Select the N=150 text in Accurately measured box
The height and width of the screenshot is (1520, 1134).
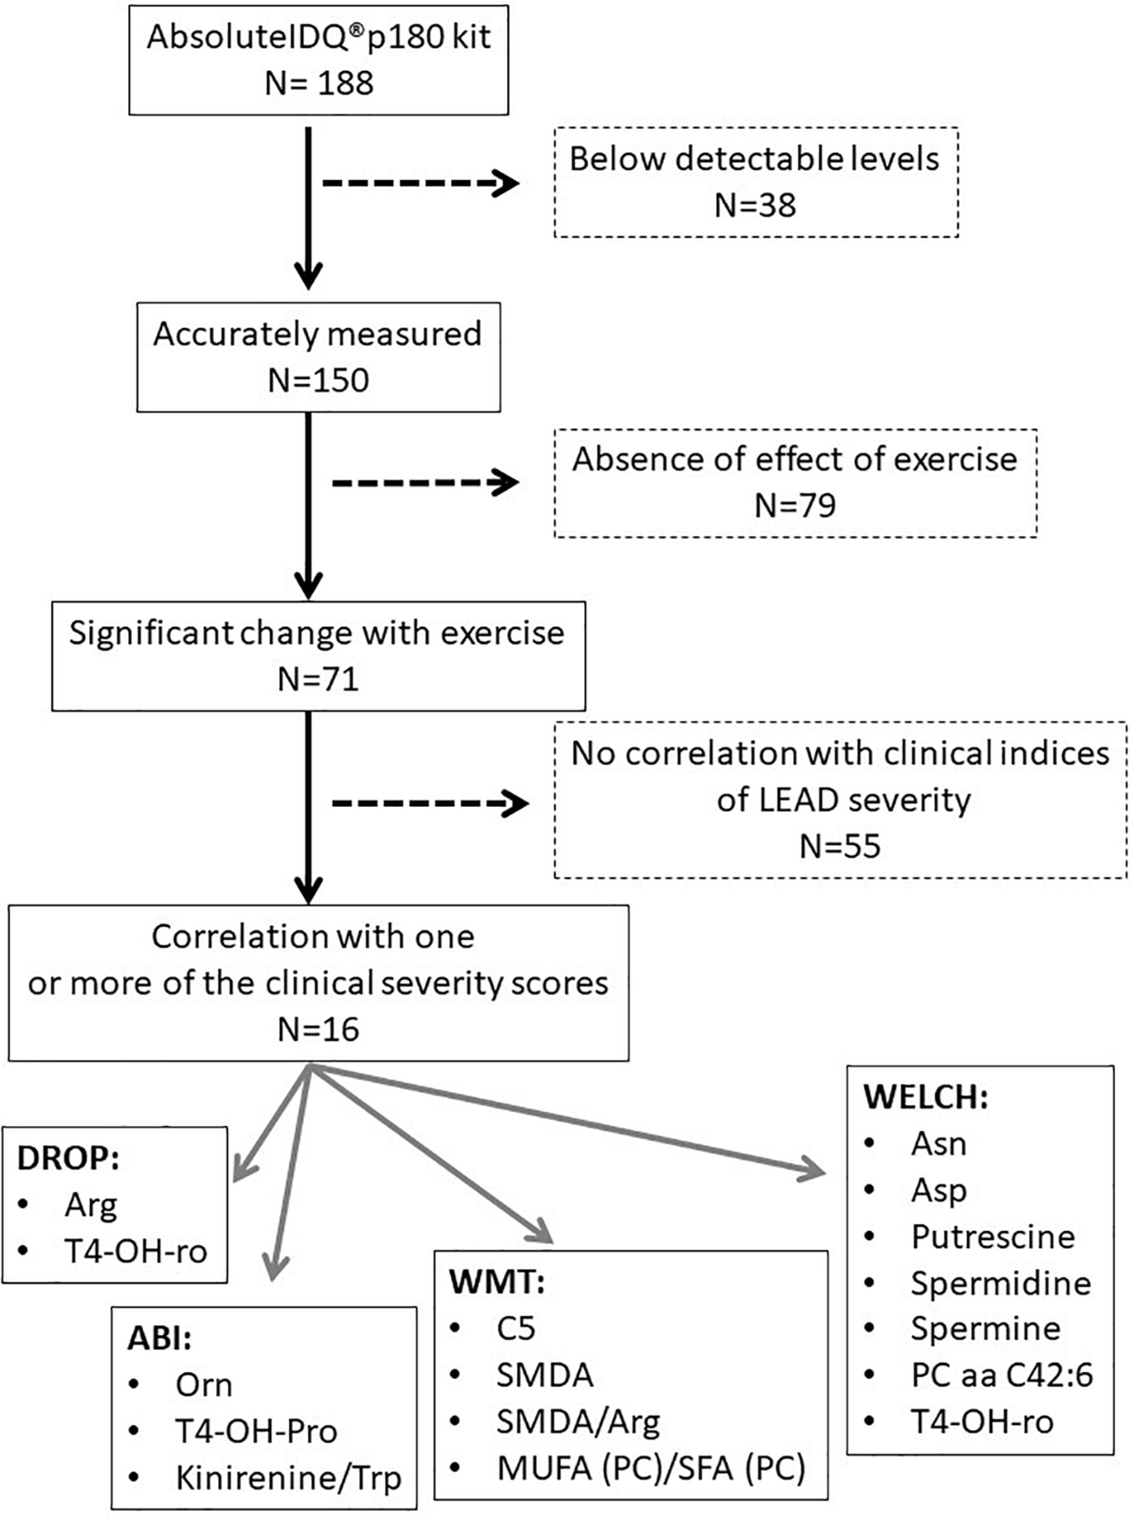(x=318, y=381)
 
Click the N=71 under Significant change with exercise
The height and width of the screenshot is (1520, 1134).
(x=318, y=679)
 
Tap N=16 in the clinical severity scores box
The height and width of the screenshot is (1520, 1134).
(x=318, y=1029)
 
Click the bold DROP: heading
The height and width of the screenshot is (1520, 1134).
(x=68, y=1158)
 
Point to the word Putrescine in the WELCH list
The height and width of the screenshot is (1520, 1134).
(x=992, y=1237)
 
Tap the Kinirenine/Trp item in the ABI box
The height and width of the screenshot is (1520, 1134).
(x=288, y=1478)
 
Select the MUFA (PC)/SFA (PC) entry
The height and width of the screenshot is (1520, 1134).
(x=651, y=1468)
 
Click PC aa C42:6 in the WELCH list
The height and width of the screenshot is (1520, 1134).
(x=1002, y=1376)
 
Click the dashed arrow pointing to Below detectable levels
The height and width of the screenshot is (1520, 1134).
(x=420, y=184)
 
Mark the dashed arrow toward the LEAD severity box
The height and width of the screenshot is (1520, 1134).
(x=430, y=803)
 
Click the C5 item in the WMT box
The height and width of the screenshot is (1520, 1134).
(x=515, y=1328)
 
